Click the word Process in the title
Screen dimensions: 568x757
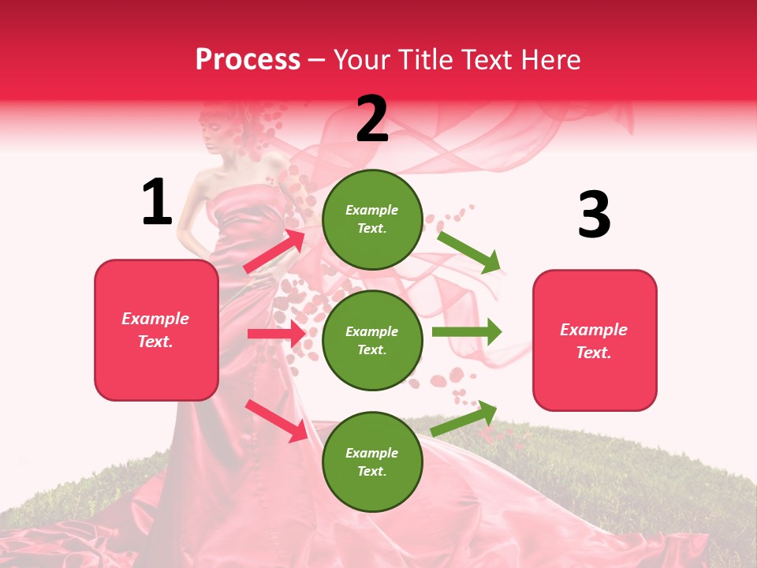[x=248, y=59]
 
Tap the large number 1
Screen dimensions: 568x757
[x=157, y=203]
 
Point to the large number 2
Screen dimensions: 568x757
[x=372, y=119]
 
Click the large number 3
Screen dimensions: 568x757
[x=594, y=215]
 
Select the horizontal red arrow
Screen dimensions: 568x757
[x=276, y=334]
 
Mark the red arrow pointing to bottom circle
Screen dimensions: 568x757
[x=276, y=420]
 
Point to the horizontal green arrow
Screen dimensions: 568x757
[x=467, y=332]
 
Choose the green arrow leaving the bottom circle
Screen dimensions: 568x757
[x=464, y=419]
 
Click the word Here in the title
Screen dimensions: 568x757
[x=552, y=59]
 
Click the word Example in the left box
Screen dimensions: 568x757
[x=155, y=319]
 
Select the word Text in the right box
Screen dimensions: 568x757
[x=593, y=353]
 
